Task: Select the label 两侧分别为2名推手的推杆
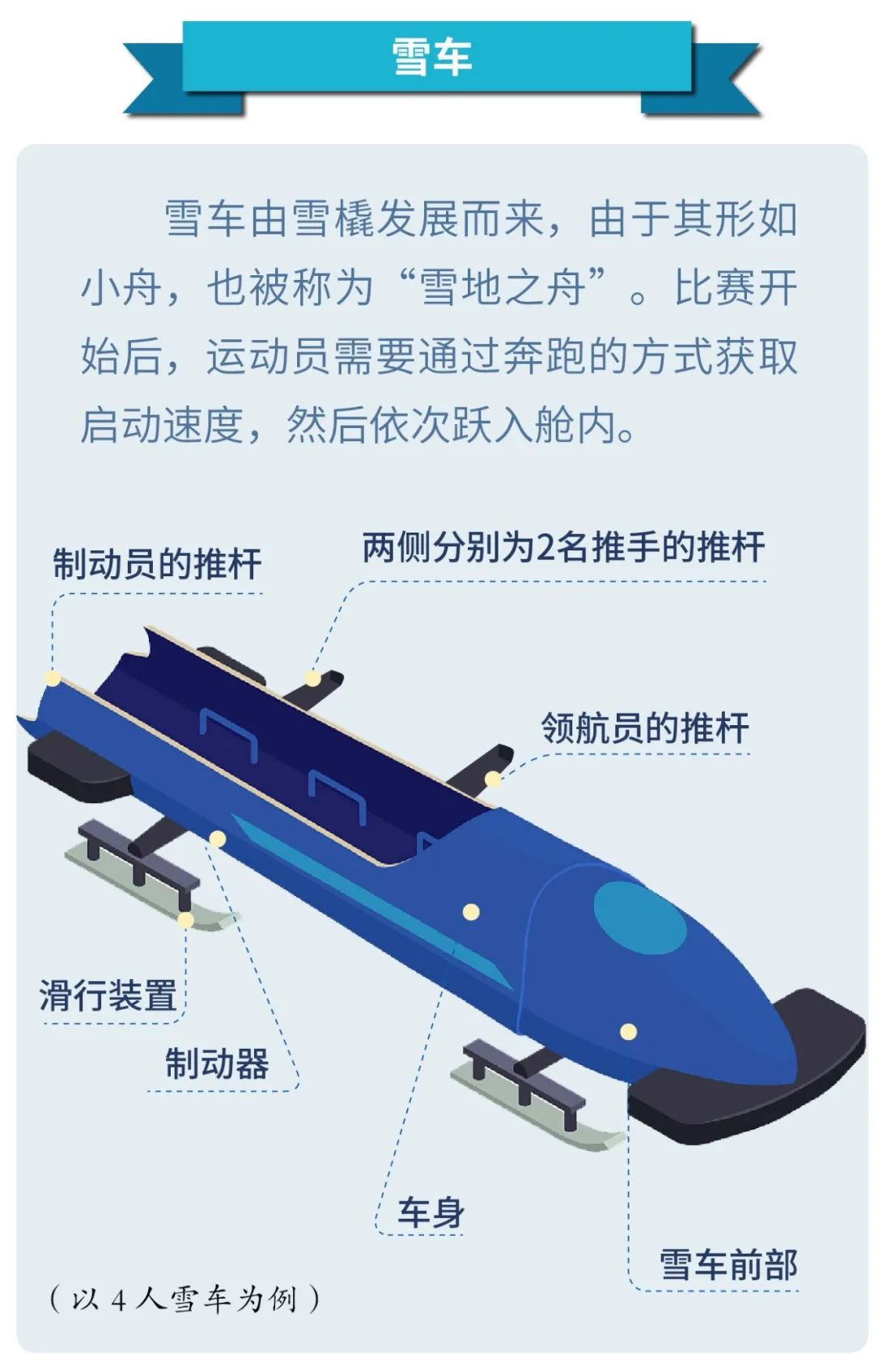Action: [x=563, y=547]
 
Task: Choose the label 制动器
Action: [x=217, y=1063]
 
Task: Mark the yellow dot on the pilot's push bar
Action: [x=493, y=779]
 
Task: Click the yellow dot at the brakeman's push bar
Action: [x=53, y=678]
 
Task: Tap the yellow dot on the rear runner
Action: [x=186, y=920]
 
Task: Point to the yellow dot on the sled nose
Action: [x=629, y=1031]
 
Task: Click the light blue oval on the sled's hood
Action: [x=640, y=918]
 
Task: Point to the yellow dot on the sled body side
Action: [x=471, y=912]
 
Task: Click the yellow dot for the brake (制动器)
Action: [x=218, y=839]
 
